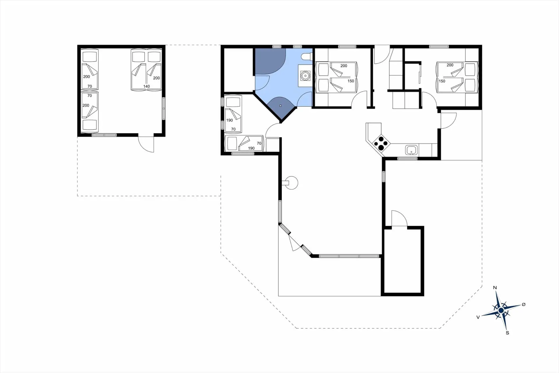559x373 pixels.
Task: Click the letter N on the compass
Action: click(x=495, y=288)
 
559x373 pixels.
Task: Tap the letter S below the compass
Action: click(x=507, y=333)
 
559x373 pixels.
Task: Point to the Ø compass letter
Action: click(x=523, y=304)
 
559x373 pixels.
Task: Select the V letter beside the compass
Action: click(x=478, y=317)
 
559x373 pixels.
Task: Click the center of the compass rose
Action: click(x=501, y=310)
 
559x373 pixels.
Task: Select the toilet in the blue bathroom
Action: click(x=307, y=56)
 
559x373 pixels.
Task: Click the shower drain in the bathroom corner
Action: click(x=280, y=106)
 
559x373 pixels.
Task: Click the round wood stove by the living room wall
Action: click(x=292, y=183)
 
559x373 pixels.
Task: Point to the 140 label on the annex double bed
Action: click(x=146, y=86)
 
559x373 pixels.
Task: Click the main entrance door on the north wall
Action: click(x=381, y=55)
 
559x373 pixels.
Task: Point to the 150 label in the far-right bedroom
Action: click(x=442, y=81)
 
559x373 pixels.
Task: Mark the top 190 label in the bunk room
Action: click(x=229, y=120)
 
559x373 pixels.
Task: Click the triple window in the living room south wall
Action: click(x=349, y=256)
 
